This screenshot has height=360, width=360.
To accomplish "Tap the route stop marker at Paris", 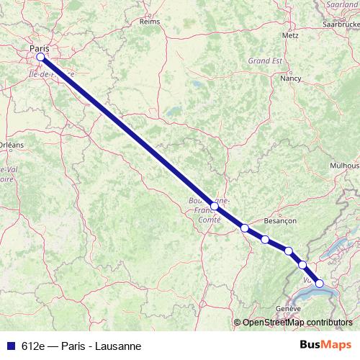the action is pos(40,57).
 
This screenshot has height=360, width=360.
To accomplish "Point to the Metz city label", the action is pos(291,35).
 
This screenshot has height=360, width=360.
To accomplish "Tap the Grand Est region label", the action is pos(264,60).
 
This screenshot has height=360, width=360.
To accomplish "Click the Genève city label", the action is pos(288,308).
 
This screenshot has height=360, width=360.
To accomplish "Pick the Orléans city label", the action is pos(10,145).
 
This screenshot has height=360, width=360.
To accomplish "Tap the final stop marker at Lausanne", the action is pos(320,283).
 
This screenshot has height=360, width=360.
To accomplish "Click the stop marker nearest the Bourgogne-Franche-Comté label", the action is pos(214,206).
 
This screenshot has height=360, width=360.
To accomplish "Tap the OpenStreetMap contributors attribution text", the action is pos(297,322).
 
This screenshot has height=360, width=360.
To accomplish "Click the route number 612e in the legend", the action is pos(33,346).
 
